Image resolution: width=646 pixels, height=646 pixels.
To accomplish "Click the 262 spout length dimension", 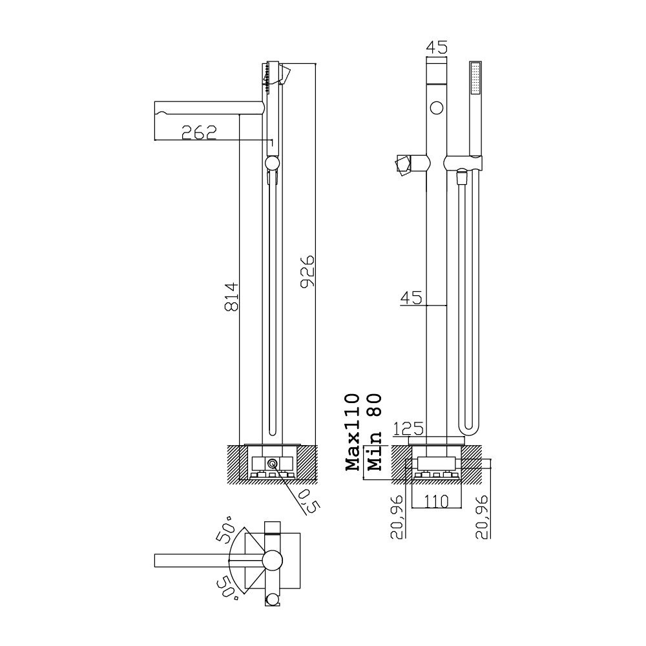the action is [x=199, y=132].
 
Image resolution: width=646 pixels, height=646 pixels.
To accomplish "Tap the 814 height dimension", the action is [x=232, y=297].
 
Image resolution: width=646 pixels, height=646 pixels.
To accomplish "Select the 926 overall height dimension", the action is [x=307, y=272].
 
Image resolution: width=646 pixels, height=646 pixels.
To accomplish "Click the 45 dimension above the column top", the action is [x=436, y=47].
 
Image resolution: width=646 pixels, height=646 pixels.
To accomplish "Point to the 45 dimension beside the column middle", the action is [x=412, y=297].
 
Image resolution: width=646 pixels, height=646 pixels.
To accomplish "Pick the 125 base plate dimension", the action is [x=408, y=429].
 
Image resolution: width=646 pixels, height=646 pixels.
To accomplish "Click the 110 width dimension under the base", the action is [x=436, y=501].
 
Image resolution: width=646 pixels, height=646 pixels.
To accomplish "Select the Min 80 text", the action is [x=375, y=432].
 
